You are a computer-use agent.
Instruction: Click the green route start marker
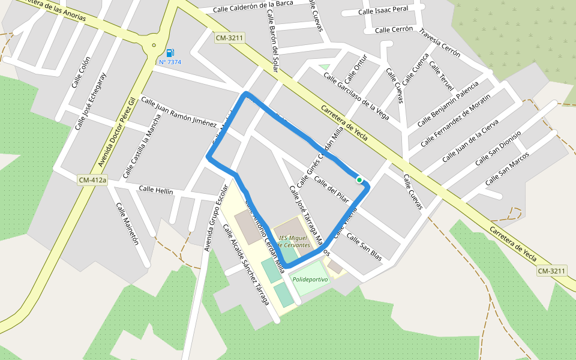359,179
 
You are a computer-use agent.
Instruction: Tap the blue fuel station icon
170,53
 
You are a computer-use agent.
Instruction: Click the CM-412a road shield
92,180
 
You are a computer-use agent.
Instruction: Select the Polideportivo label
310,280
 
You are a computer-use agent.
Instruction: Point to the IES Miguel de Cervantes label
294,241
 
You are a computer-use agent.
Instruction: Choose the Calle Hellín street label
156,190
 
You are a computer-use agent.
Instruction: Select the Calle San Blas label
364,247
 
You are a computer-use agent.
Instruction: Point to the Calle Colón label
80,72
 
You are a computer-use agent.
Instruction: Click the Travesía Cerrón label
440,43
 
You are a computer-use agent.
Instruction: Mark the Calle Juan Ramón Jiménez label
178,112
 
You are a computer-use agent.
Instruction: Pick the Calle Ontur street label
355,73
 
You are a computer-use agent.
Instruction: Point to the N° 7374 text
170,62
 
